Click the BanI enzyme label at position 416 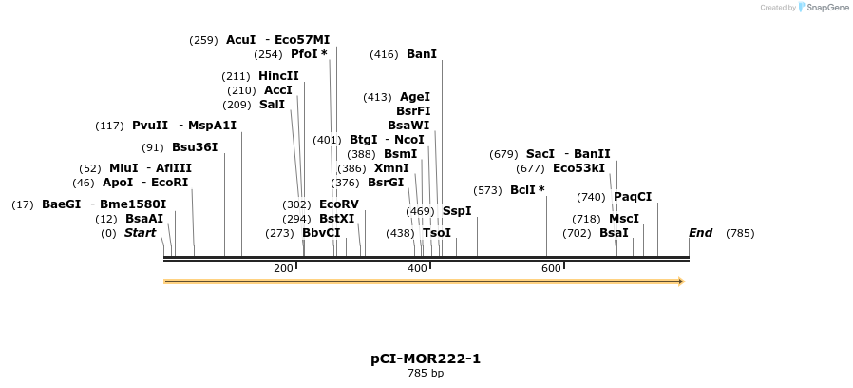[x=421, y=54]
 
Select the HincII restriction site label [x=278, y=76]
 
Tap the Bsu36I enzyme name [x=195, y=147]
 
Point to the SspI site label [x=457, y=211]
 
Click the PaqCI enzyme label [x=633, y=197]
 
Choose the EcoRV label [x=338, y=204]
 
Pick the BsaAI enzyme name [x=144, y=219]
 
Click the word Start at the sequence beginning [x=140, y=233]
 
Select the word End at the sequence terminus [x=700, y=233]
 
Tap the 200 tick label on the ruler [x=283, y=269]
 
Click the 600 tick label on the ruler [x=551, y=269]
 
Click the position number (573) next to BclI [x=487, y=190]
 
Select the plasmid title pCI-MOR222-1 [x=426, y=359]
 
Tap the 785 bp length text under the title [x=426, y=373]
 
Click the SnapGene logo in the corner [x=823, y=8]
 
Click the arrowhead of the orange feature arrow [x=680, y=281]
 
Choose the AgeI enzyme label [x=414, y=97]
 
